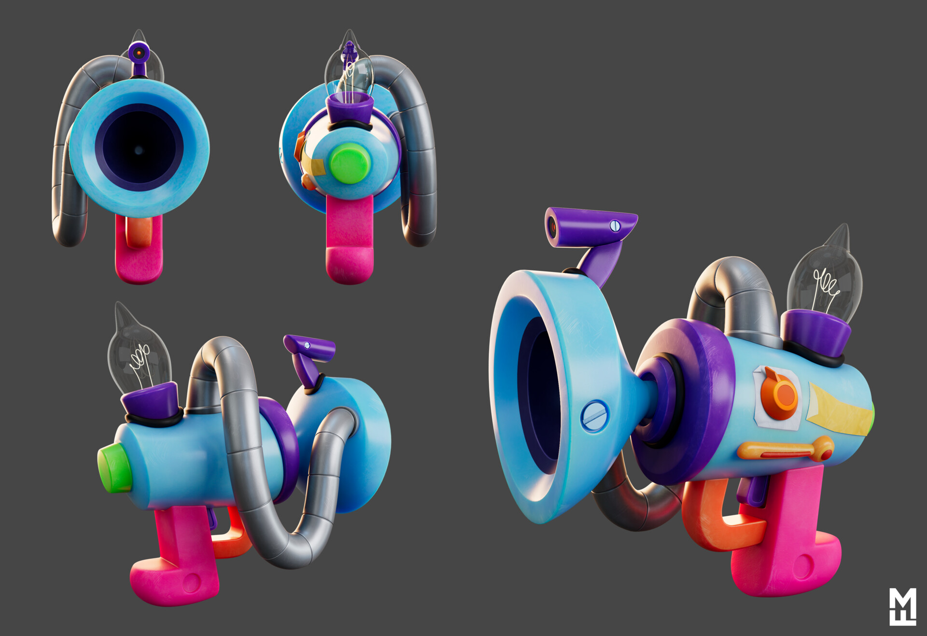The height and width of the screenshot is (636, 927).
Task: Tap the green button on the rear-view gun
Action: (350, 164)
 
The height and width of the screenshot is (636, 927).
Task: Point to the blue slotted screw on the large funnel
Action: (594, 416)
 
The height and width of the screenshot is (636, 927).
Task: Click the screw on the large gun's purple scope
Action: (615, 225)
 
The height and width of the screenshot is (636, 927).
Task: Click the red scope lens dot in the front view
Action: (139, 52)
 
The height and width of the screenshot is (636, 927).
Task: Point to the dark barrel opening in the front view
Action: (139, 150)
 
